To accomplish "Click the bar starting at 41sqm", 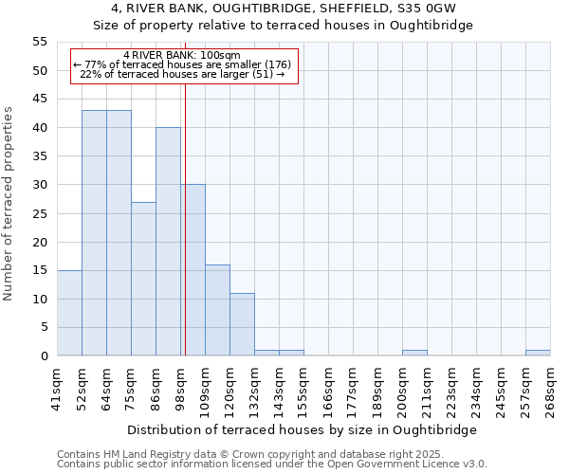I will point(69,313).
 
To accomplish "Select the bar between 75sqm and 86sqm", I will point(143,279).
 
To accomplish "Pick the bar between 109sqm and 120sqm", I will point(217,310).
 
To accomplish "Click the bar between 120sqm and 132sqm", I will point(242,324).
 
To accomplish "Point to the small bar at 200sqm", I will point(414,353).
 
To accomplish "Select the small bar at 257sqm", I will point(538,353).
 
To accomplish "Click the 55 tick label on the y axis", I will point(39,42).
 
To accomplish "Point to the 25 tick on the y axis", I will point(39,213).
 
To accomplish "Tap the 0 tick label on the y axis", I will point(43,356).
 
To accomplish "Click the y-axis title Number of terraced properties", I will point(9,204).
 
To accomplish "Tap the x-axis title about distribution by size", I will point(303,429).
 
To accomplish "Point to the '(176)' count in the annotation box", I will point(277,64).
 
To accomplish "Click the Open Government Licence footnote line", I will point(271,465).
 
